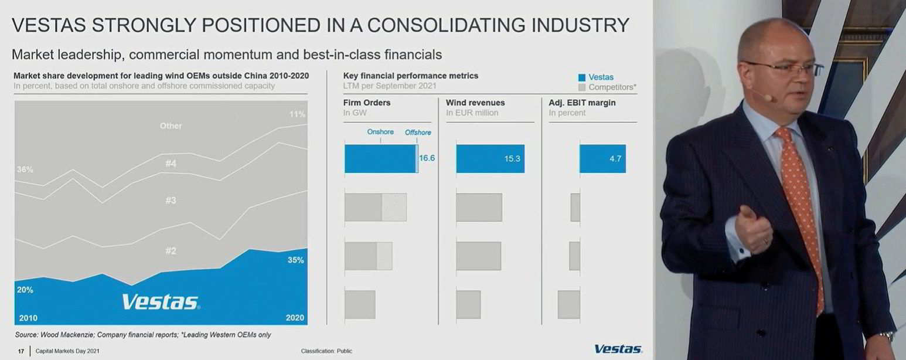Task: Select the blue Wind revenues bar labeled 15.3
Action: [490, 159]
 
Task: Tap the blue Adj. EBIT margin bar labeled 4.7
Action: [602, 159]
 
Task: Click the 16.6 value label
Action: [427, 158]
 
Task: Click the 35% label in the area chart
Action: [296, 260]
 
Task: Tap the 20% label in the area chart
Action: [25, 290]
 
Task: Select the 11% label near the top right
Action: [298, 114]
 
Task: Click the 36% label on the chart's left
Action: [25, 169]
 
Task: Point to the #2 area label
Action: [171, 251]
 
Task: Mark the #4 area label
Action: [171, 164]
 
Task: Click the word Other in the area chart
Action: [171, 125]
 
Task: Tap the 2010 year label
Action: [28, 318]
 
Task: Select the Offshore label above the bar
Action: [418, 133]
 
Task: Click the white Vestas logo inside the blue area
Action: [161, 302]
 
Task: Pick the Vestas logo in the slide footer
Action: [618, 349]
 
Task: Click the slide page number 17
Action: [21, 351]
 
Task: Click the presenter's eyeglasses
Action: [779, 68]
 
